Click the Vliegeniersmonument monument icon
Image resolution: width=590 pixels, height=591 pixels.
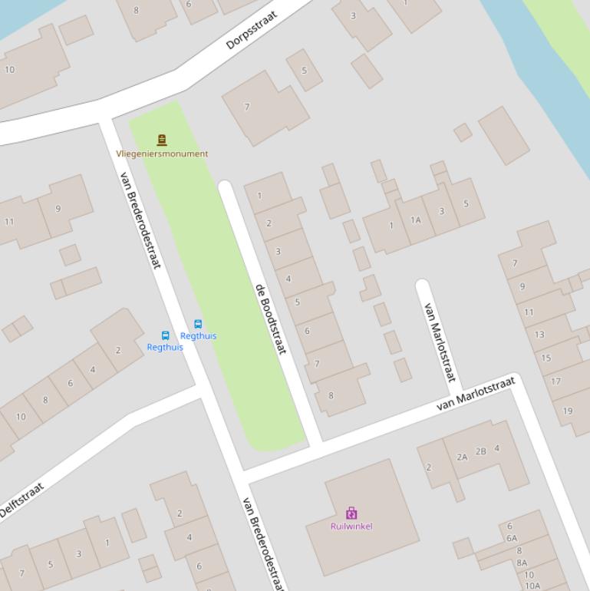pos(162,140)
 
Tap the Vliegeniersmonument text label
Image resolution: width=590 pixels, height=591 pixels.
pos(162,154)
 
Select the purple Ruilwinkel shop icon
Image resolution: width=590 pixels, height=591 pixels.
pos(351,513)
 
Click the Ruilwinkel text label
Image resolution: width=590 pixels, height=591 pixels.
pos(351,527)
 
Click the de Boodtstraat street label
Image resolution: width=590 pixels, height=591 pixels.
pos(270,319)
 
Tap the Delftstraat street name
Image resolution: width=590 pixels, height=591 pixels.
pos(21,500)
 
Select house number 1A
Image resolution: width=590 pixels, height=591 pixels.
pos(415,220)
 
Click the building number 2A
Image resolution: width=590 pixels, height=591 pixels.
pos(462,457)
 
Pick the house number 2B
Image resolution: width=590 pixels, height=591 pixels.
pos(480,451)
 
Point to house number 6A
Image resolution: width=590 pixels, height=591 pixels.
pos(511,538)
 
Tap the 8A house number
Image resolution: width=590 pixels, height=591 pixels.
pos(522,563)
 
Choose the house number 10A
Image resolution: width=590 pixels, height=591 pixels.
pos(532,586)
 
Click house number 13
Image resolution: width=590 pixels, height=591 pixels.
pos(539,335)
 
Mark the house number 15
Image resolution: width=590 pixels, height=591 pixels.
pos(546,358)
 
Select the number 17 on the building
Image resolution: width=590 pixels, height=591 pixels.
pos(556,381)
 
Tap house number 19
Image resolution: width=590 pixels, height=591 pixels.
pos(568,411)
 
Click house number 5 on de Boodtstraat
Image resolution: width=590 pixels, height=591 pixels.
pos(298,302)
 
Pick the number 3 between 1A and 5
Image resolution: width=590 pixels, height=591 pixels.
pos(441,211)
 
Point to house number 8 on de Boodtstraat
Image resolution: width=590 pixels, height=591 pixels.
pos(331,396)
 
